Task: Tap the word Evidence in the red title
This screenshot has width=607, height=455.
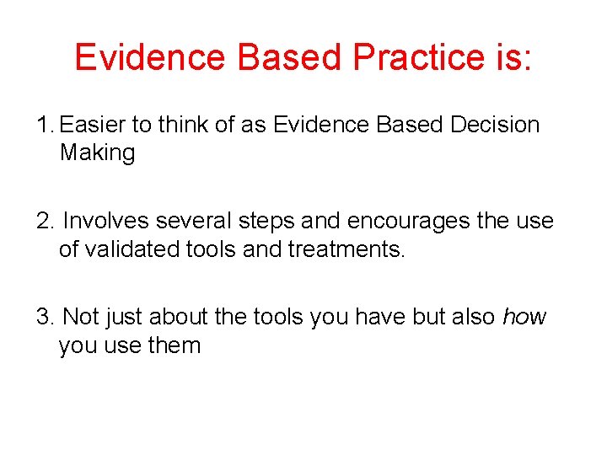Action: (x=149, y=56)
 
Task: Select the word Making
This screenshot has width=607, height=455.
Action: (x=97, y=153)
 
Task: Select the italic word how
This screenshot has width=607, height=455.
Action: (x=524, y=317)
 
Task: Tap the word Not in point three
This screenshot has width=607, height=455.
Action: (x=81, y=317)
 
